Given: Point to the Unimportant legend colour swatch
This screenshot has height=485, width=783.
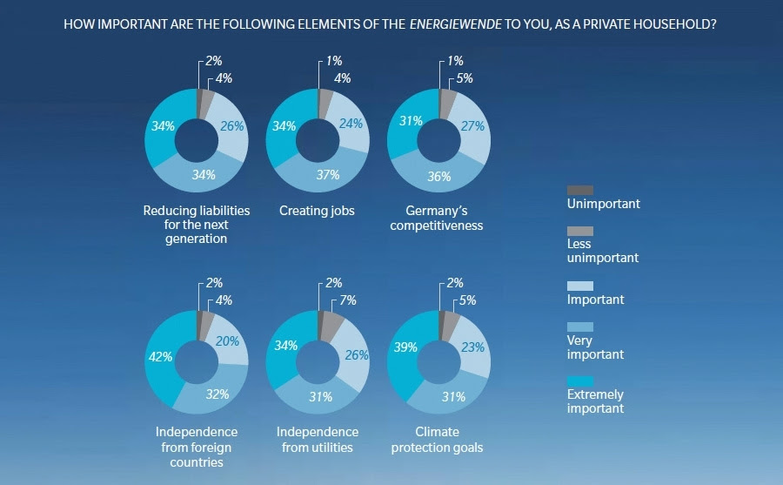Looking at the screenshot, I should pyautogui.click(x=579, y=190).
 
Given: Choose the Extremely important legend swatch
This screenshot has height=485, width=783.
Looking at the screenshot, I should pyautogui.click(x=579, y=381).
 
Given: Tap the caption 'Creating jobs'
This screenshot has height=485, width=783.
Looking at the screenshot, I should pyautogui.click(x=317, y=211).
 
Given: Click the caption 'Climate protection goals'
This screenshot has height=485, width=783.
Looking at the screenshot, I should pyautogui.click(x=437, y=440).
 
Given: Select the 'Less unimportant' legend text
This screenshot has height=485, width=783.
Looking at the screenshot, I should pyautogui.click(x=602, y=252).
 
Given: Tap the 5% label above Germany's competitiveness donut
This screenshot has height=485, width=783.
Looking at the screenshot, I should pyautogui.click(x=465, y=79).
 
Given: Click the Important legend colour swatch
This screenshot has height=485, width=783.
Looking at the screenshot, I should pyautogui.click(x=579, y=286).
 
